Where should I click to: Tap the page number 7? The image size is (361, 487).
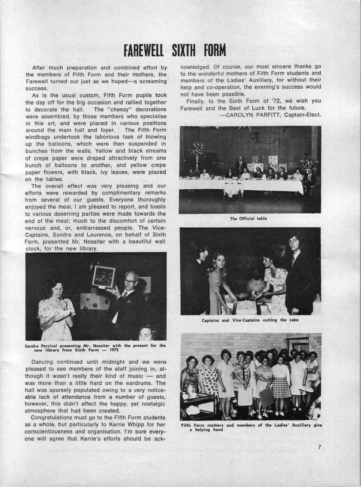(320, 447)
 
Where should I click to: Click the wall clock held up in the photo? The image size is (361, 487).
(104, 276)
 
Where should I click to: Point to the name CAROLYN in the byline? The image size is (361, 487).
(241, 115)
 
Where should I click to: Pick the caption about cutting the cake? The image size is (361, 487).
(250, 320)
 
